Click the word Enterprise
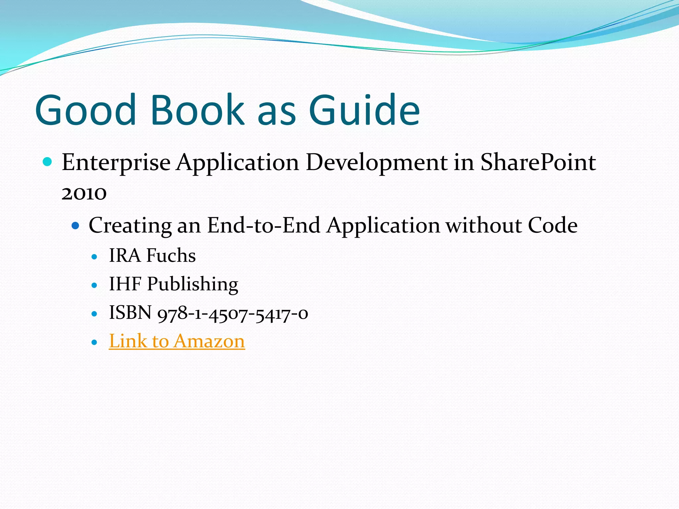point(116,163)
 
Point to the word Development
point(377,163)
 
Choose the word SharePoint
point(538,162)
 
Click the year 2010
point(84,193)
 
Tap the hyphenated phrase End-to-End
point(264,225)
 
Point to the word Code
point(552,225)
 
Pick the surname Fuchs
point(171,255)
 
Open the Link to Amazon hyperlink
point(177,341)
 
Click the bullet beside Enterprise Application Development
point(48,162)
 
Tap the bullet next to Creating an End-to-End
point(76,226)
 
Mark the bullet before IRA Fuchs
point(94,257)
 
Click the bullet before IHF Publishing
point(94,285)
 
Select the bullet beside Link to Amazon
point(94,342)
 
